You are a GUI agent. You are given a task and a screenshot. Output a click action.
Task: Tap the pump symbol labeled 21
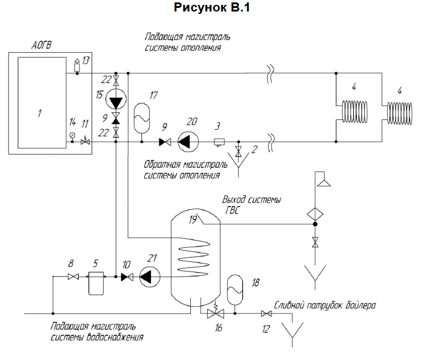point(148,277)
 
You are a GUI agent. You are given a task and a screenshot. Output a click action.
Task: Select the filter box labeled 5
point(97,282)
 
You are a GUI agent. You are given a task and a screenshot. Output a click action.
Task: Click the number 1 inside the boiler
point(38,113)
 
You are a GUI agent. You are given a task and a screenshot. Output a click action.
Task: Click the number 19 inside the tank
point(194,220)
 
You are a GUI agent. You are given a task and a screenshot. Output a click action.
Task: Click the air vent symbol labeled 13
point(77,65)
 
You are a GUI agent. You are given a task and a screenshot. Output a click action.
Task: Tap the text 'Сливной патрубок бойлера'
point(325,305)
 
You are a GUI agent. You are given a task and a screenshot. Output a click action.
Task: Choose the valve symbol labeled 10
point(127,278)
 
